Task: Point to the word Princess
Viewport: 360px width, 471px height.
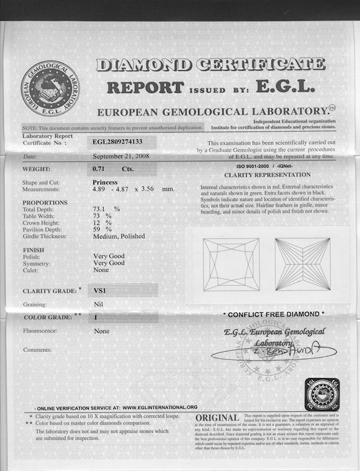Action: click(x=105, y=182)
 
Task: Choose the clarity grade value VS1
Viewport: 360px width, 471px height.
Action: click(x=100, y=290)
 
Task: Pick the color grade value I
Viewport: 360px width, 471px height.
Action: click(x=95, y=317)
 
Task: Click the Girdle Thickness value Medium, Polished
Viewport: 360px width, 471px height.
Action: click(x=119, y=236)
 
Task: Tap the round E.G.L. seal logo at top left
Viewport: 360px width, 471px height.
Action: click(x=50, y=89)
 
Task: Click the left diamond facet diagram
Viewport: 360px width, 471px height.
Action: click(x=227, y=264)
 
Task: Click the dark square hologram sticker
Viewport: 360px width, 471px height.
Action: click(x=322, y=394)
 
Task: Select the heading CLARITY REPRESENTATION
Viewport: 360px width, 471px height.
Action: click(x=267, y=175)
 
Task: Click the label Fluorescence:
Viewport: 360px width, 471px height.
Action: click(x=42, y=331)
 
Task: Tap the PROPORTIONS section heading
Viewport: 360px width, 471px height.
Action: click(x=45, y=203)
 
